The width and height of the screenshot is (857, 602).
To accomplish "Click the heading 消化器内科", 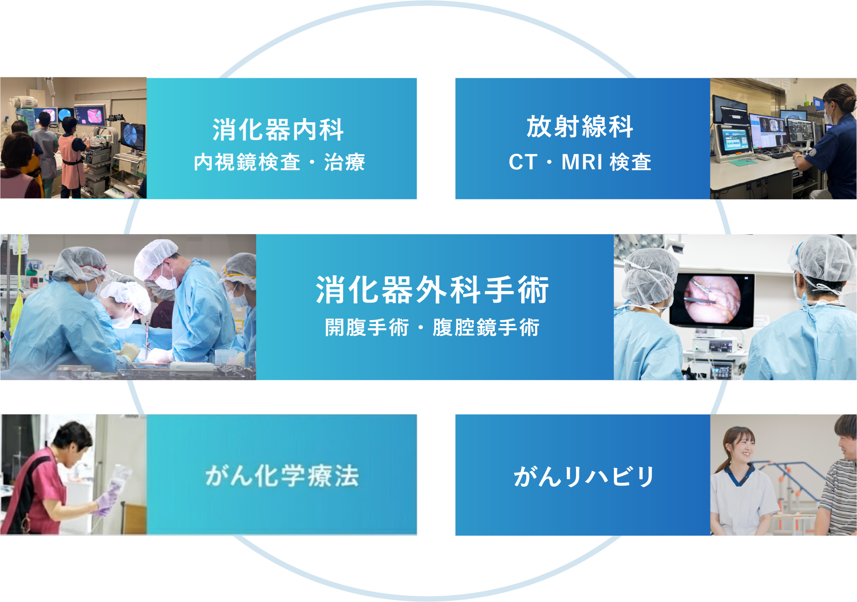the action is pos(278,130).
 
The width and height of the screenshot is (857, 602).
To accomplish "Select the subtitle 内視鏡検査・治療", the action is pos(279,162).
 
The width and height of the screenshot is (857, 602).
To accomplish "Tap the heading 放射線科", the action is pos(580,127).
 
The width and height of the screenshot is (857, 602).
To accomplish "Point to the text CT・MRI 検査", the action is pos(580,162).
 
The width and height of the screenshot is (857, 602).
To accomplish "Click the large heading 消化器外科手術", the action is pos(432,290).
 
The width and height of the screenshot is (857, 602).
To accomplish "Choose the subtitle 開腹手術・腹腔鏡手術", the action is pos(432,327).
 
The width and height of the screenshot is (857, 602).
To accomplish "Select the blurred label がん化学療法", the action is pos(282,475).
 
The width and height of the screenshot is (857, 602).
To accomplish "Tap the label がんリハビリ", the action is pos(584,477).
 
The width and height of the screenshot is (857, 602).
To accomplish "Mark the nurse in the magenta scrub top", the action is pos(46,479).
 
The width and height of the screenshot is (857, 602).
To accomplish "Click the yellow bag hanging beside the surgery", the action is pos(17,313).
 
